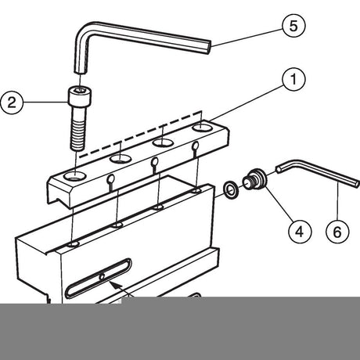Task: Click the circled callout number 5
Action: [x=293, y=26]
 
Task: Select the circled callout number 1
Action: [x=293, y=79]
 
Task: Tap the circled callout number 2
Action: [x=12, y=103]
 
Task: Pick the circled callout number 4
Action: [x=300, y=232]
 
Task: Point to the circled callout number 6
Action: [x=337, y=232]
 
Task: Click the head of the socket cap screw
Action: [x=80, y=96]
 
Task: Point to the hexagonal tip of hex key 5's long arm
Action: [x=208, y=47]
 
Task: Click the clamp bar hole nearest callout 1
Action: [x=203, y=128]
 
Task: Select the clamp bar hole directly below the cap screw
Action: [x=75, y=177]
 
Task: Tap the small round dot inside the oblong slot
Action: [x=102, y=276]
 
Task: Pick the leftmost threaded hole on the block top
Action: [x=74, y=244]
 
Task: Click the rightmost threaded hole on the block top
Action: [x=196, y=191]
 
